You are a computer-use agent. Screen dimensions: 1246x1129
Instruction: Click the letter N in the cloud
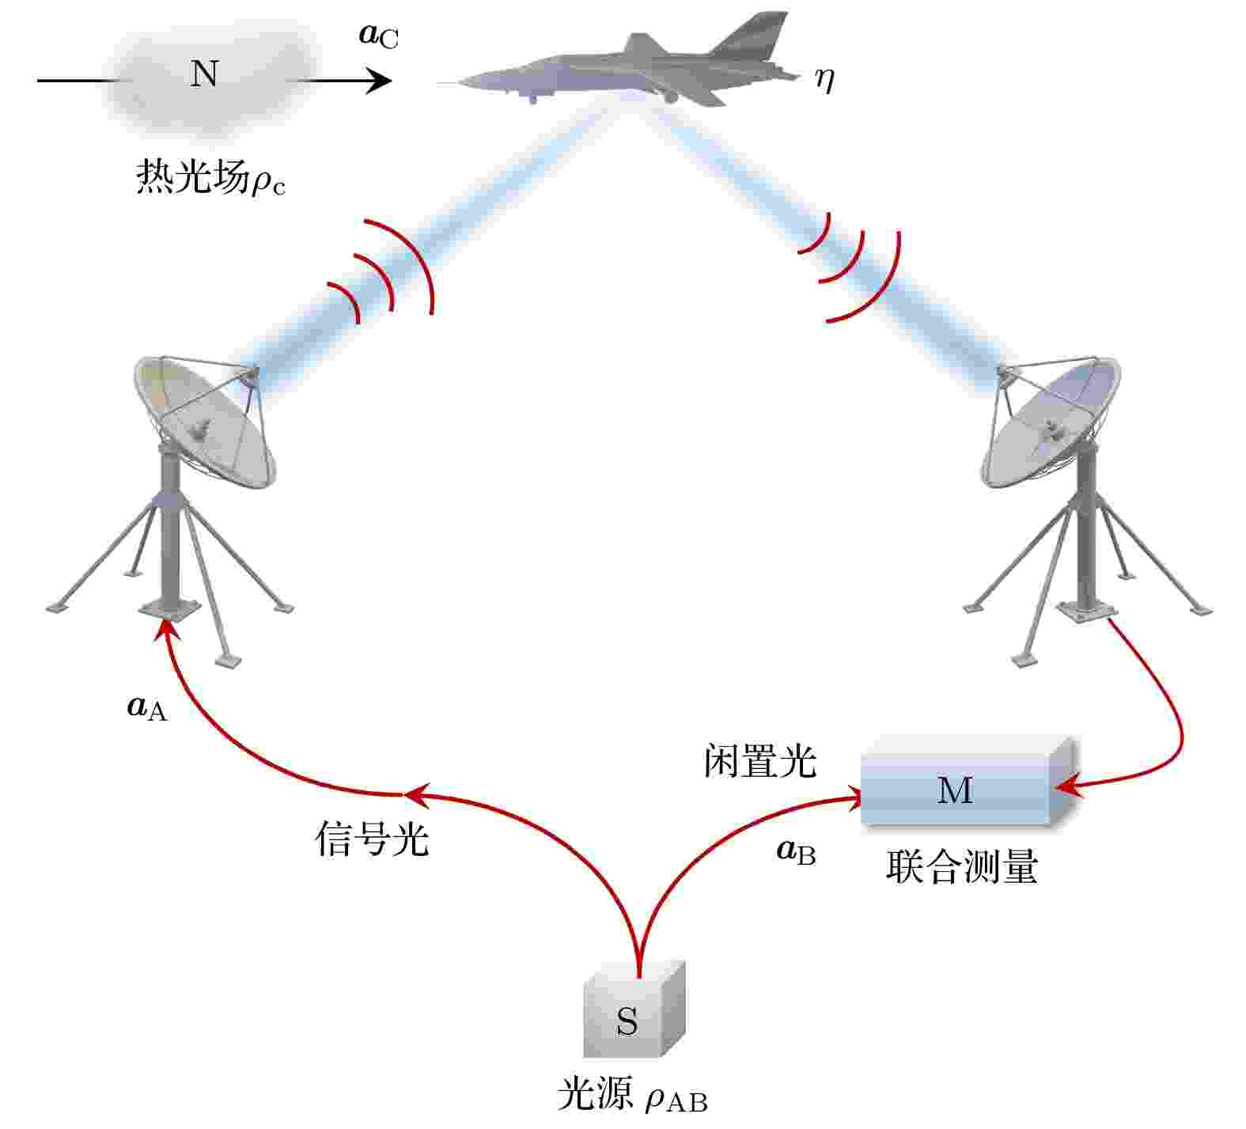pos(204,73)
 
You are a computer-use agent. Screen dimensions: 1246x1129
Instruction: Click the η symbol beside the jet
pos(825,80)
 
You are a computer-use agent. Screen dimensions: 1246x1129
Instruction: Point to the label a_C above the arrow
pos(378,36)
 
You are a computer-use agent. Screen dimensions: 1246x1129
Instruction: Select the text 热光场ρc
pos(210,176)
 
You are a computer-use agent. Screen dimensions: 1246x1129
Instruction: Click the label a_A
pos(147,707)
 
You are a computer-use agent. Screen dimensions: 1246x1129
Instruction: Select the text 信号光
pos(372,839)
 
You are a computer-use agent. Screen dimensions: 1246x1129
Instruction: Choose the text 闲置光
pos(759,761)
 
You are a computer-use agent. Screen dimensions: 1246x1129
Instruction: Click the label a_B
pos(796,851)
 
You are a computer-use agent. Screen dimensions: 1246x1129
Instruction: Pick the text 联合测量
pos(961,867)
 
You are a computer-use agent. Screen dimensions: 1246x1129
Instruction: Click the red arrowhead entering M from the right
pos(1067,786)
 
